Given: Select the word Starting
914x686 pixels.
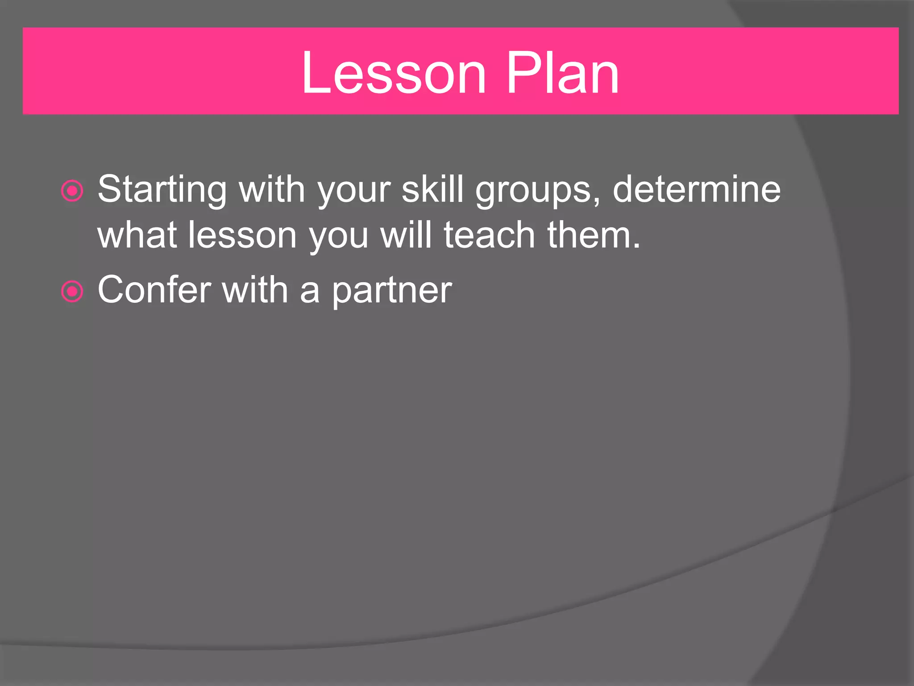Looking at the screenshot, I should (162, 189).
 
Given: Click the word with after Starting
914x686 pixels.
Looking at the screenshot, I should (272, 189).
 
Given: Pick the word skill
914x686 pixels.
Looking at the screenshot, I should (432, 189).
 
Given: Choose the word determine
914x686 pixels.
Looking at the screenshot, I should (696, 189).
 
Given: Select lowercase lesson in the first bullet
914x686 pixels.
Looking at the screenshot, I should (242, 235).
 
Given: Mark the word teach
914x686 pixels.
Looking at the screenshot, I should (489, 235).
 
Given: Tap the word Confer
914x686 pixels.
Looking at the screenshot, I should (154, 290).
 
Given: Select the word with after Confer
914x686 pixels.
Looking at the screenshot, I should (255, 290).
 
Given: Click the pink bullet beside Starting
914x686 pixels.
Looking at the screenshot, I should (72, 191).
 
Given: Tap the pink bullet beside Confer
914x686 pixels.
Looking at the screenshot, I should (72, 292).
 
